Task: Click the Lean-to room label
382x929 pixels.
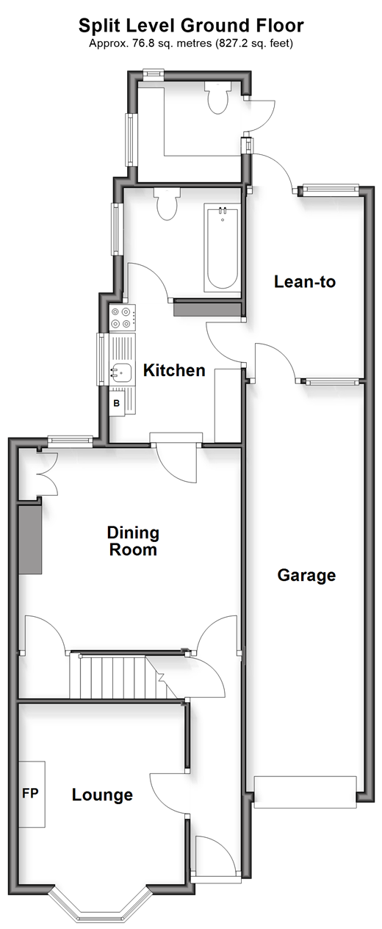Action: pyautogui.click(x=304, y=282)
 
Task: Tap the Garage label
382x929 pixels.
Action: pyautogui.click(x=306, y=576)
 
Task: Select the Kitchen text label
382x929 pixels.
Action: pyautogui.click(x=174, y=370)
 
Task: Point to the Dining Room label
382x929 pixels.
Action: pyautogui.click(x=133, y=541)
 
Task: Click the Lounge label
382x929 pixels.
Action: pyautogui.click(x=102, y=795)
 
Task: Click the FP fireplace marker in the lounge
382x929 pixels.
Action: pyautogui.click(x=30, y=793)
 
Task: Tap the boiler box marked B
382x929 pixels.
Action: pyautogui.click(x=117, y=402)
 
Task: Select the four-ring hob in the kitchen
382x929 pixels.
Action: pyautogui.click(x=123, y=317)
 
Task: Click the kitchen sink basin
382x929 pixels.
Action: pyautogui.click(x=120, y=372)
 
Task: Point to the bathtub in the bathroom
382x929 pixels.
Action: pyautogui.click(x=222, y=248)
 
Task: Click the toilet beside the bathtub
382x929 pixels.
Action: pyautogui.click(x=166, y=203)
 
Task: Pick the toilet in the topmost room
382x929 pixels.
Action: pyautogui.click(x=218, y=97)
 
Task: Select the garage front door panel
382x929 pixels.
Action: pyautogui.click(x=306, y=792)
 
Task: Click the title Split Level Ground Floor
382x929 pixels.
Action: pyautogui.click(x=191, y=26)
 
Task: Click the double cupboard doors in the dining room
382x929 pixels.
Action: pyautogui.click(x=47, y=472)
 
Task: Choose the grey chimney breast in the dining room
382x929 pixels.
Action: pyautogui.click(x=30, y=539)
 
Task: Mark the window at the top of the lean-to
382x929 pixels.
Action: pyautogui.click(x=331, y=189)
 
